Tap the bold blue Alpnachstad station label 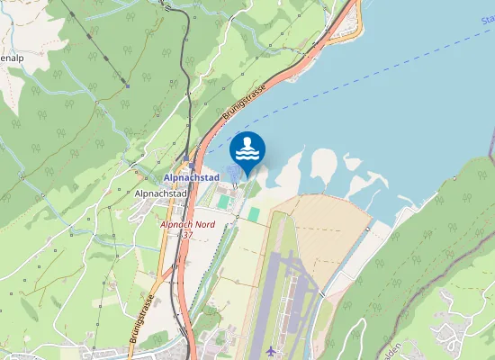click(x=192, y=178)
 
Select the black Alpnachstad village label click(x=160, y=193)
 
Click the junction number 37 click(x=186, y=235)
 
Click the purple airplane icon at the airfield click(x=272, y=349)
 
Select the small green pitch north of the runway click(x=254, y=214)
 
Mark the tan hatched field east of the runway click(x=333, y=234)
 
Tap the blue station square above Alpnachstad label click(x=187, y=166)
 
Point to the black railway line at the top click(x=184, y=54)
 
